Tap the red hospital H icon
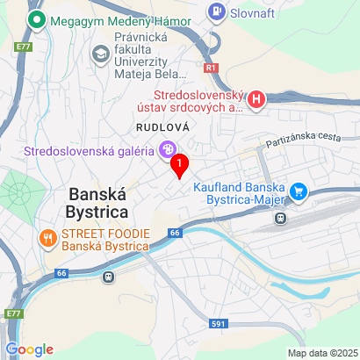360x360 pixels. click(256, 100)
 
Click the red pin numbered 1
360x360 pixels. click(180, 164)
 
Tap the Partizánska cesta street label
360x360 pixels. click(302, 140)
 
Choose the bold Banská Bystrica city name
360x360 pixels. click(97, 202)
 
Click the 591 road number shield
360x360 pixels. click(219, 324)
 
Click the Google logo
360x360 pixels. click(29, 349)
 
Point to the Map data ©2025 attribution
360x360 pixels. click(322, 353)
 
